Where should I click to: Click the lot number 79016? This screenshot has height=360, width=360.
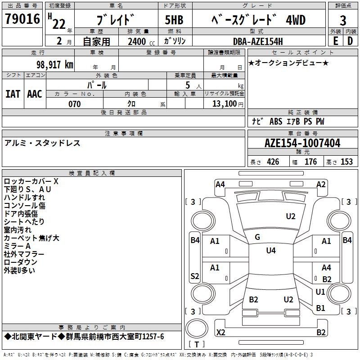tap(22, 20)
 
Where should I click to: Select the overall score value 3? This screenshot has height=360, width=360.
tap(343, 21)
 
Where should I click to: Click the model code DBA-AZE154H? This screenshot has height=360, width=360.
tap(258, 41)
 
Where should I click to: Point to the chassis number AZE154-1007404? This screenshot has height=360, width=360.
tap(302, 144)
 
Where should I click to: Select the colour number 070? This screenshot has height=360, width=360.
tap(74, 104)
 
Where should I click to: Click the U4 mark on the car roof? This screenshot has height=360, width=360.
tap(270, 251)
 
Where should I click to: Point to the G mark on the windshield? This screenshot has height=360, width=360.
tap(257, 237)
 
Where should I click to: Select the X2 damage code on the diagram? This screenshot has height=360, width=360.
tap(220, 332)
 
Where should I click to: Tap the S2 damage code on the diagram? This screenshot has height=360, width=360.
tap(194, 276)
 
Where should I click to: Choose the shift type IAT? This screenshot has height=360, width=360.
tap(13, 94)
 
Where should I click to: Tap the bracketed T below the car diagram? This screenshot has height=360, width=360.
tap(197, 345)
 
